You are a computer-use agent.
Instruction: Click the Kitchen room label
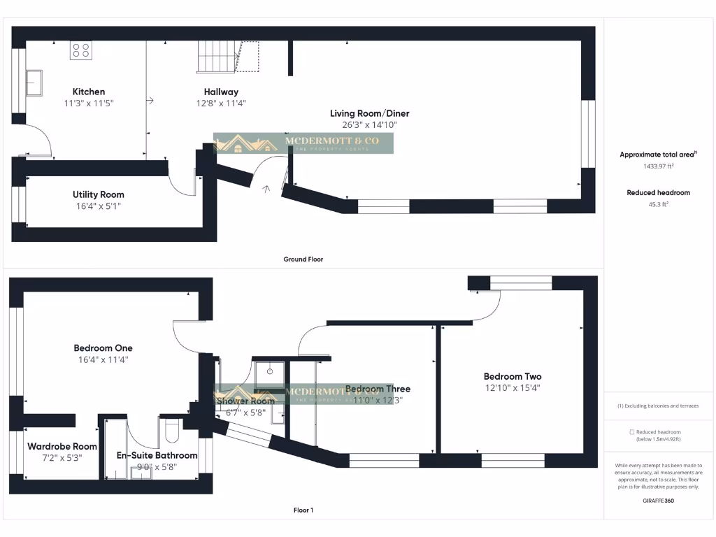[89, 92]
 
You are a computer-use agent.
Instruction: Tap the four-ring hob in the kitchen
[80, 50]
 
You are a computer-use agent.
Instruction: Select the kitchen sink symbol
[34, 83]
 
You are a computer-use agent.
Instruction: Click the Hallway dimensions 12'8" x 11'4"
[221, 103]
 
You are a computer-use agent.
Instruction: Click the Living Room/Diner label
[370, 113]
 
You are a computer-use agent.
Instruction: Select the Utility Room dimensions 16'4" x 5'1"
[98, 206]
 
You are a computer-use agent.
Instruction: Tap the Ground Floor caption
[303, 259]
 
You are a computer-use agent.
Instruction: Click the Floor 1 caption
[303, 510]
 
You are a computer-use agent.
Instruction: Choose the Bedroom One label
[103, 348]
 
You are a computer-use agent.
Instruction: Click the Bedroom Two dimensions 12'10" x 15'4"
[512, 387]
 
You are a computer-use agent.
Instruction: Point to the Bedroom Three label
[378, 389]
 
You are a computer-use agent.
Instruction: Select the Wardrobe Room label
[62, 446]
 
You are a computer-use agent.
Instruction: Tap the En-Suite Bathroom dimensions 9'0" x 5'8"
[157, 466]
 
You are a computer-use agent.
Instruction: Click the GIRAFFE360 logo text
[659, 501]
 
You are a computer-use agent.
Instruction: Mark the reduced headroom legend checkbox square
[632, 432]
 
